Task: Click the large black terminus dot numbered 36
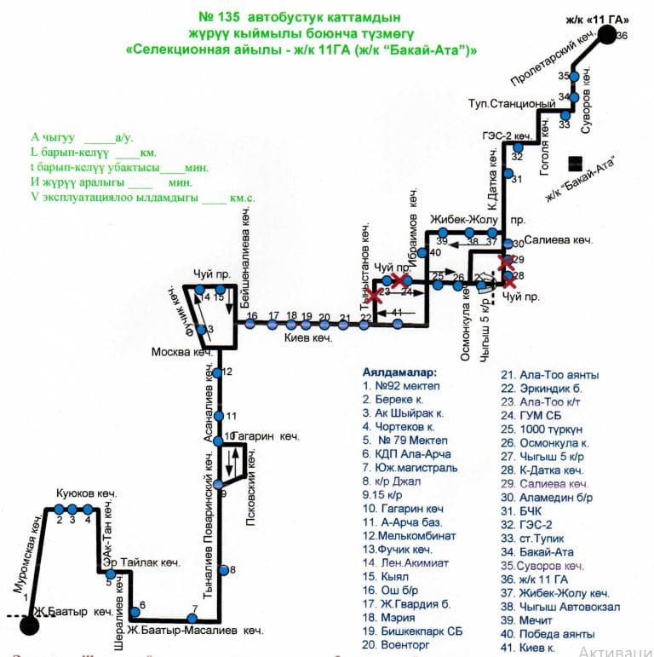coord(605,35)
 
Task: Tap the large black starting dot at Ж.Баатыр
coord(30,625)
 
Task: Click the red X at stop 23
coord(375,295)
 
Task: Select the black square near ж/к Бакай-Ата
coord(577,162)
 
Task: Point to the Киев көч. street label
coord(307,338)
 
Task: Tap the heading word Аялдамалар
coord(399,372)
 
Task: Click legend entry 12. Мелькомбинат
coord(409,536)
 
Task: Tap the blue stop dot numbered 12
coord(220,372)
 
